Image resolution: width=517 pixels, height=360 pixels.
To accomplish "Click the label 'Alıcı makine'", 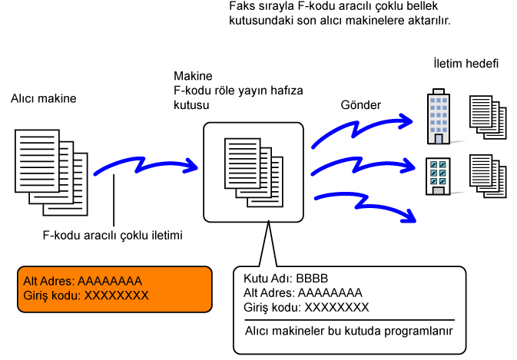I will [44, 99].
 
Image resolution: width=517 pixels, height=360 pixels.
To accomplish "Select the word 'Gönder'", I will [360, 104].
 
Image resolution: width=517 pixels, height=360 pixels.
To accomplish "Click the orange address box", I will [115, 289].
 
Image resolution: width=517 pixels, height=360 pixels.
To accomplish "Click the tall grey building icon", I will [438, 117].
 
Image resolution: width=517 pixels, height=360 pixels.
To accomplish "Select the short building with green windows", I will [438, 176].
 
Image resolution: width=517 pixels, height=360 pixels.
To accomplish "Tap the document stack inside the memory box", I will [254, 170].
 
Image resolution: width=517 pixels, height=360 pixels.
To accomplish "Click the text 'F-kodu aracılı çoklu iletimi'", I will [113, 236].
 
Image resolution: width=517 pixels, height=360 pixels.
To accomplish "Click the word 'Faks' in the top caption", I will [241, 7].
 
